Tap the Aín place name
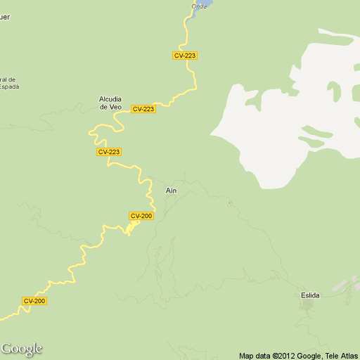coord(171,191)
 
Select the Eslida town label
coord(309,295)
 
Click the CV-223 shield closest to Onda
coord(185,56)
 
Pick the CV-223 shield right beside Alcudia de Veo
coord(143,109)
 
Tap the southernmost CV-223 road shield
coord(109,152)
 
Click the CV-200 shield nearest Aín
coord(141,216)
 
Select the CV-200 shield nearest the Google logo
coord(34,301)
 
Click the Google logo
coord(22,349)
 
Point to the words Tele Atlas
coord(340,356)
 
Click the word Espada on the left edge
coord(9,86)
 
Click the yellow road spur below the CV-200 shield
coord(131,228)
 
